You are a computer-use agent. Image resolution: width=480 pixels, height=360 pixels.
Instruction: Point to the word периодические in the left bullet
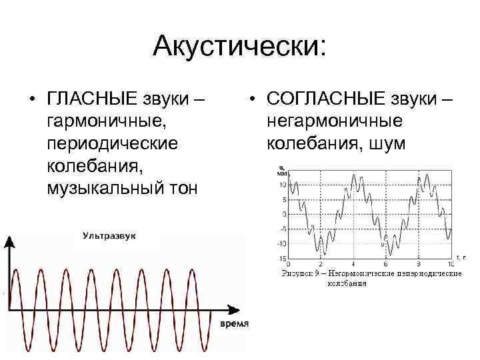111,144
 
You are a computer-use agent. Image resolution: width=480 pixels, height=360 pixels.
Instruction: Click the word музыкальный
108,188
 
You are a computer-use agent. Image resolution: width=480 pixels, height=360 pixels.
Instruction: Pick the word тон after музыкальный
184,188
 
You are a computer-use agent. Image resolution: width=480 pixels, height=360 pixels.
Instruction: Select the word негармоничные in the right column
334,123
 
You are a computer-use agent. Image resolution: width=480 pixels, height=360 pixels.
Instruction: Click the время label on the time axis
234,323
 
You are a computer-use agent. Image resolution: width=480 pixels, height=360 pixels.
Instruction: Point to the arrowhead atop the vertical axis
9,241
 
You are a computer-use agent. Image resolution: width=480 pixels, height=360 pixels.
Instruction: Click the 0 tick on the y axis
284,214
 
